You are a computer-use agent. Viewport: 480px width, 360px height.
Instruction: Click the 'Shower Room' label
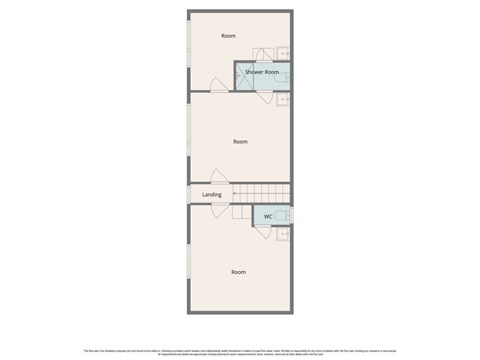(x=262, y=72)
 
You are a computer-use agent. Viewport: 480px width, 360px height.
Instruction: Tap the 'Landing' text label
(x=211, y=195)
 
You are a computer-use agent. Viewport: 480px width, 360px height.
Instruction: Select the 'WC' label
(x=268, y=216)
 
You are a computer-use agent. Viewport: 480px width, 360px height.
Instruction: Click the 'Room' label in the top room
(x=229, y=36)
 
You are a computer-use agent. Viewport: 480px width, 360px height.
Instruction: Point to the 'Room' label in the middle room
(x=240, y=142)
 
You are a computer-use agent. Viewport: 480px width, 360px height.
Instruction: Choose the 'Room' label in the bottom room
(x=238, y=272)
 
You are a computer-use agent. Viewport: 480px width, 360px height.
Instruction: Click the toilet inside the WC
(x=285, y=216)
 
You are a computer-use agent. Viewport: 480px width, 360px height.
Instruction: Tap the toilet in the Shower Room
(x=285, y=78)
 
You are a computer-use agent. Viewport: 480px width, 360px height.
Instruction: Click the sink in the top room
(x=285, y=52)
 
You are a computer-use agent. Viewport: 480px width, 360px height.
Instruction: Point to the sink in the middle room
(x=285, y=100)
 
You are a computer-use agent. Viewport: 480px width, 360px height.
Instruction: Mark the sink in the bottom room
(x=285, y=234)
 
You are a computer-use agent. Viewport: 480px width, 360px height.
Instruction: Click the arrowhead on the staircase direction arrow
(x=234, y=193)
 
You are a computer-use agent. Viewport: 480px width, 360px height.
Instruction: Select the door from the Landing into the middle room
(x=220, y=177)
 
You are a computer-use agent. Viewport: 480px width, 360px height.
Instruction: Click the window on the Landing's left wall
(x=188, y=194)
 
